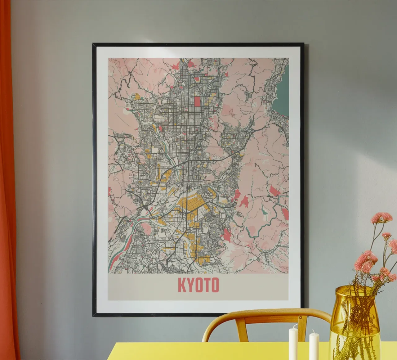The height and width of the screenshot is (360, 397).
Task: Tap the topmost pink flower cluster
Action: click(x=381, y=217)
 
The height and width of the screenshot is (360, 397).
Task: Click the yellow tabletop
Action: click(x=217, y=352)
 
